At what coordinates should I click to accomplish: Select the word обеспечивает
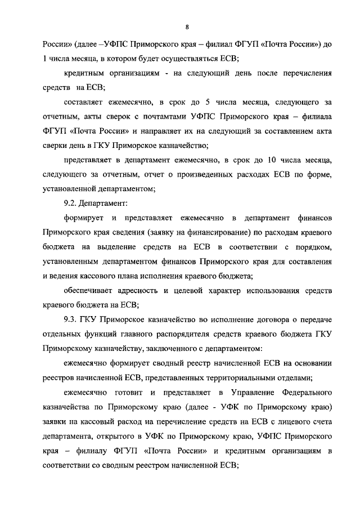(x=92, y=291)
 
